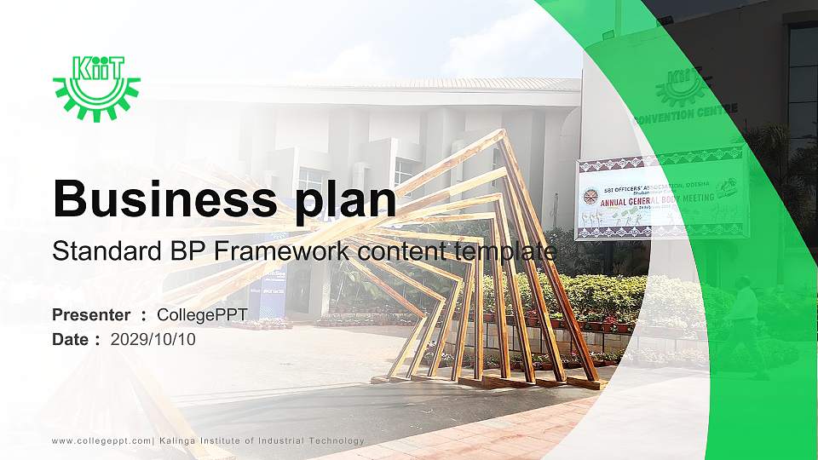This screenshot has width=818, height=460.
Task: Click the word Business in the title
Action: [159, 199]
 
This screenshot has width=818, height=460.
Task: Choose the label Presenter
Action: [91, 315]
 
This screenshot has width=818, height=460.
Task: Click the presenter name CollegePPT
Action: [202, 315]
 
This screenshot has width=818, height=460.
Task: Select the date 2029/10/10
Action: [153, 339]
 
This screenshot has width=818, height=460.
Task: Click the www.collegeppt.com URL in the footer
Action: [101, 440]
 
